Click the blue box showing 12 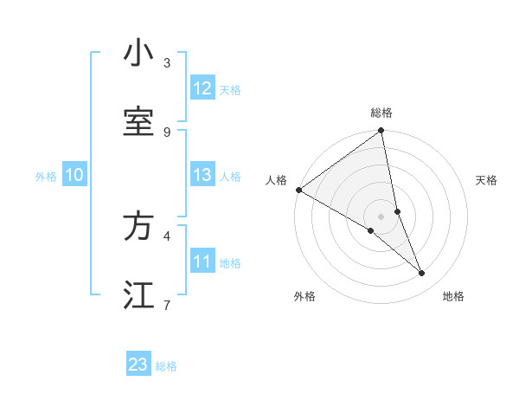(202, 88)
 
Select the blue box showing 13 (202, 176)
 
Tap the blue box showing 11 (202, 262)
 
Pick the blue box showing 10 (74, 176)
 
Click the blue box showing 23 (138, 365)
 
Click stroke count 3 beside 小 (167, 62)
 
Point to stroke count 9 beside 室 (167, 132)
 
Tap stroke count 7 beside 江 (167, 305)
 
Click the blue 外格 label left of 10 (46, 177)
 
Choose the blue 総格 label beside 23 (166, 366)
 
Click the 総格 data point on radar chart (381, 132)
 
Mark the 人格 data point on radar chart (298, 190)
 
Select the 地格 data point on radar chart (422, 274)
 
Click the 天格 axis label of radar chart (486, 180)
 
